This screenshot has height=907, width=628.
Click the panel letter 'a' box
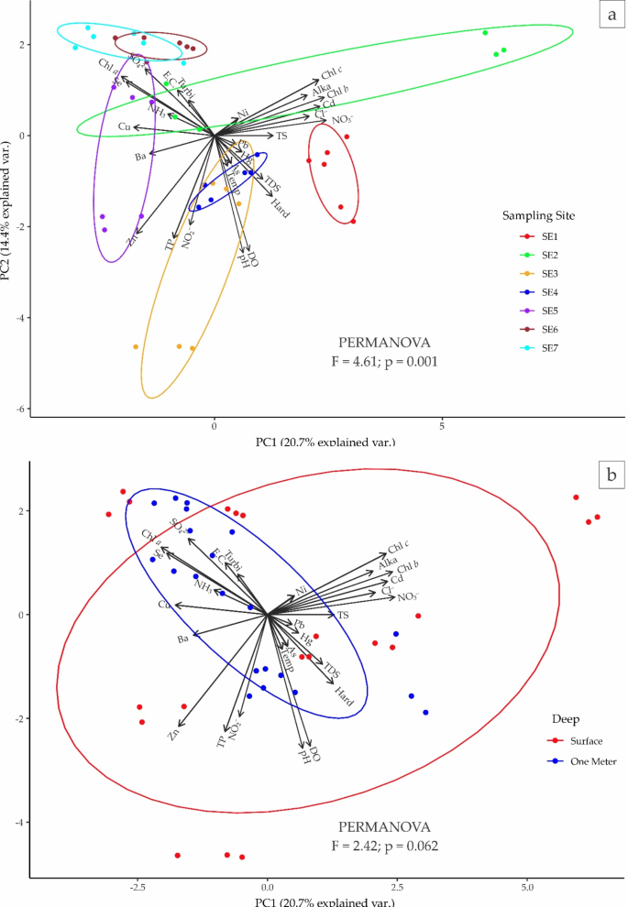(x=609, y=16)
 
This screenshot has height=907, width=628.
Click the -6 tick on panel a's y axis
(x=19, y=409)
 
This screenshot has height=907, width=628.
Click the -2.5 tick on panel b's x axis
(x=138, y=888)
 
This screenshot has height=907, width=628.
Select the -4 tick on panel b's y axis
(x=19, y=823)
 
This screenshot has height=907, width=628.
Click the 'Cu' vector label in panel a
(x=124, y=126)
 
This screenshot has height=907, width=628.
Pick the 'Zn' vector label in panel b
(x=173, y=734)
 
